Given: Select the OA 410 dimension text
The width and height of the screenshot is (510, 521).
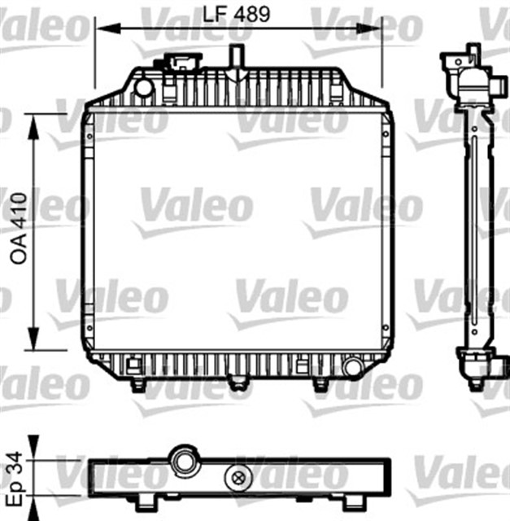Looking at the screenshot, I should point(17,232).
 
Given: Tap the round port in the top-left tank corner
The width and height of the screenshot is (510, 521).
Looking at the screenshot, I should point(143,86).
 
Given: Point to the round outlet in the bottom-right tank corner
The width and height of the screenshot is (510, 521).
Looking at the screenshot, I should point(352,369).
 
